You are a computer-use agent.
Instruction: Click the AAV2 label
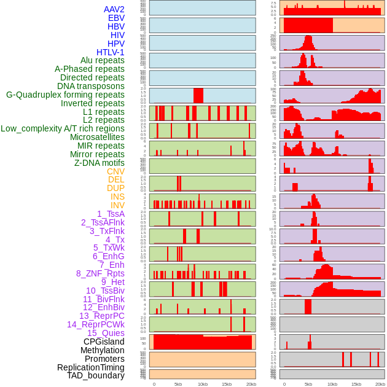pos(114,9)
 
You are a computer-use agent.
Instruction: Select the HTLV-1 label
pos(111,52)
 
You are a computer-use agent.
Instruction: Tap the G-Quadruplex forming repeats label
pos(65,95)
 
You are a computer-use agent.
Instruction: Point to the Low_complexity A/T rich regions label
pos(63,128)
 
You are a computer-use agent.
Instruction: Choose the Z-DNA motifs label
pos(100,163)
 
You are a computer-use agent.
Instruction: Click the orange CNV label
pos(115,171)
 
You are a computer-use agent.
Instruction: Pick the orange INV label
pos(117,205)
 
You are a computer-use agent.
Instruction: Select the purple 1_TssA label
pos(111,214)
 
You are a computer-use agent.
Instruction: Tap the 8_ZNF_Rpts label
pos(100,273)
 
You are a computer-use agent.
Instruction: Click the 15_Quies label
pos(106,333)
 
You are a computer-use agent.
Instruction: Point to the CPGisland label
pos(104,342)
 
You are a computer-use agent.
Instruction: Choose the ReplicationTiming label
pos(91,367)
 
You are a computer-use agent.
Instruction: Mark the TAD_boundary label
pos(96,375)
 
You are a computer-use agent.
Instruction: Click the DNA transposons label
pos(91,86)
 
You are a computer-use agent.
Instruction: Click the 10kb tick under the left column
pos(202,384)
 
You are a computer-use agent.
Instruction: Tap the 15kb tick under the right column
pos(356,384)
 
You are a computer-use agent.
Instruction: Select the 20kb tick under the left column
pos(251,384)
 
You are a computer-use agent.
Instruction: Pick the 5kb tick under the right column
pos(308,384)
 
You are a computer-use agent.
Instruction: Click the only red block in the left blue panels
pos(198,95)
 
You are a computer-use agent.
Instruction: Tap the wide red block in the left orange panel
pos(203,342)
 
